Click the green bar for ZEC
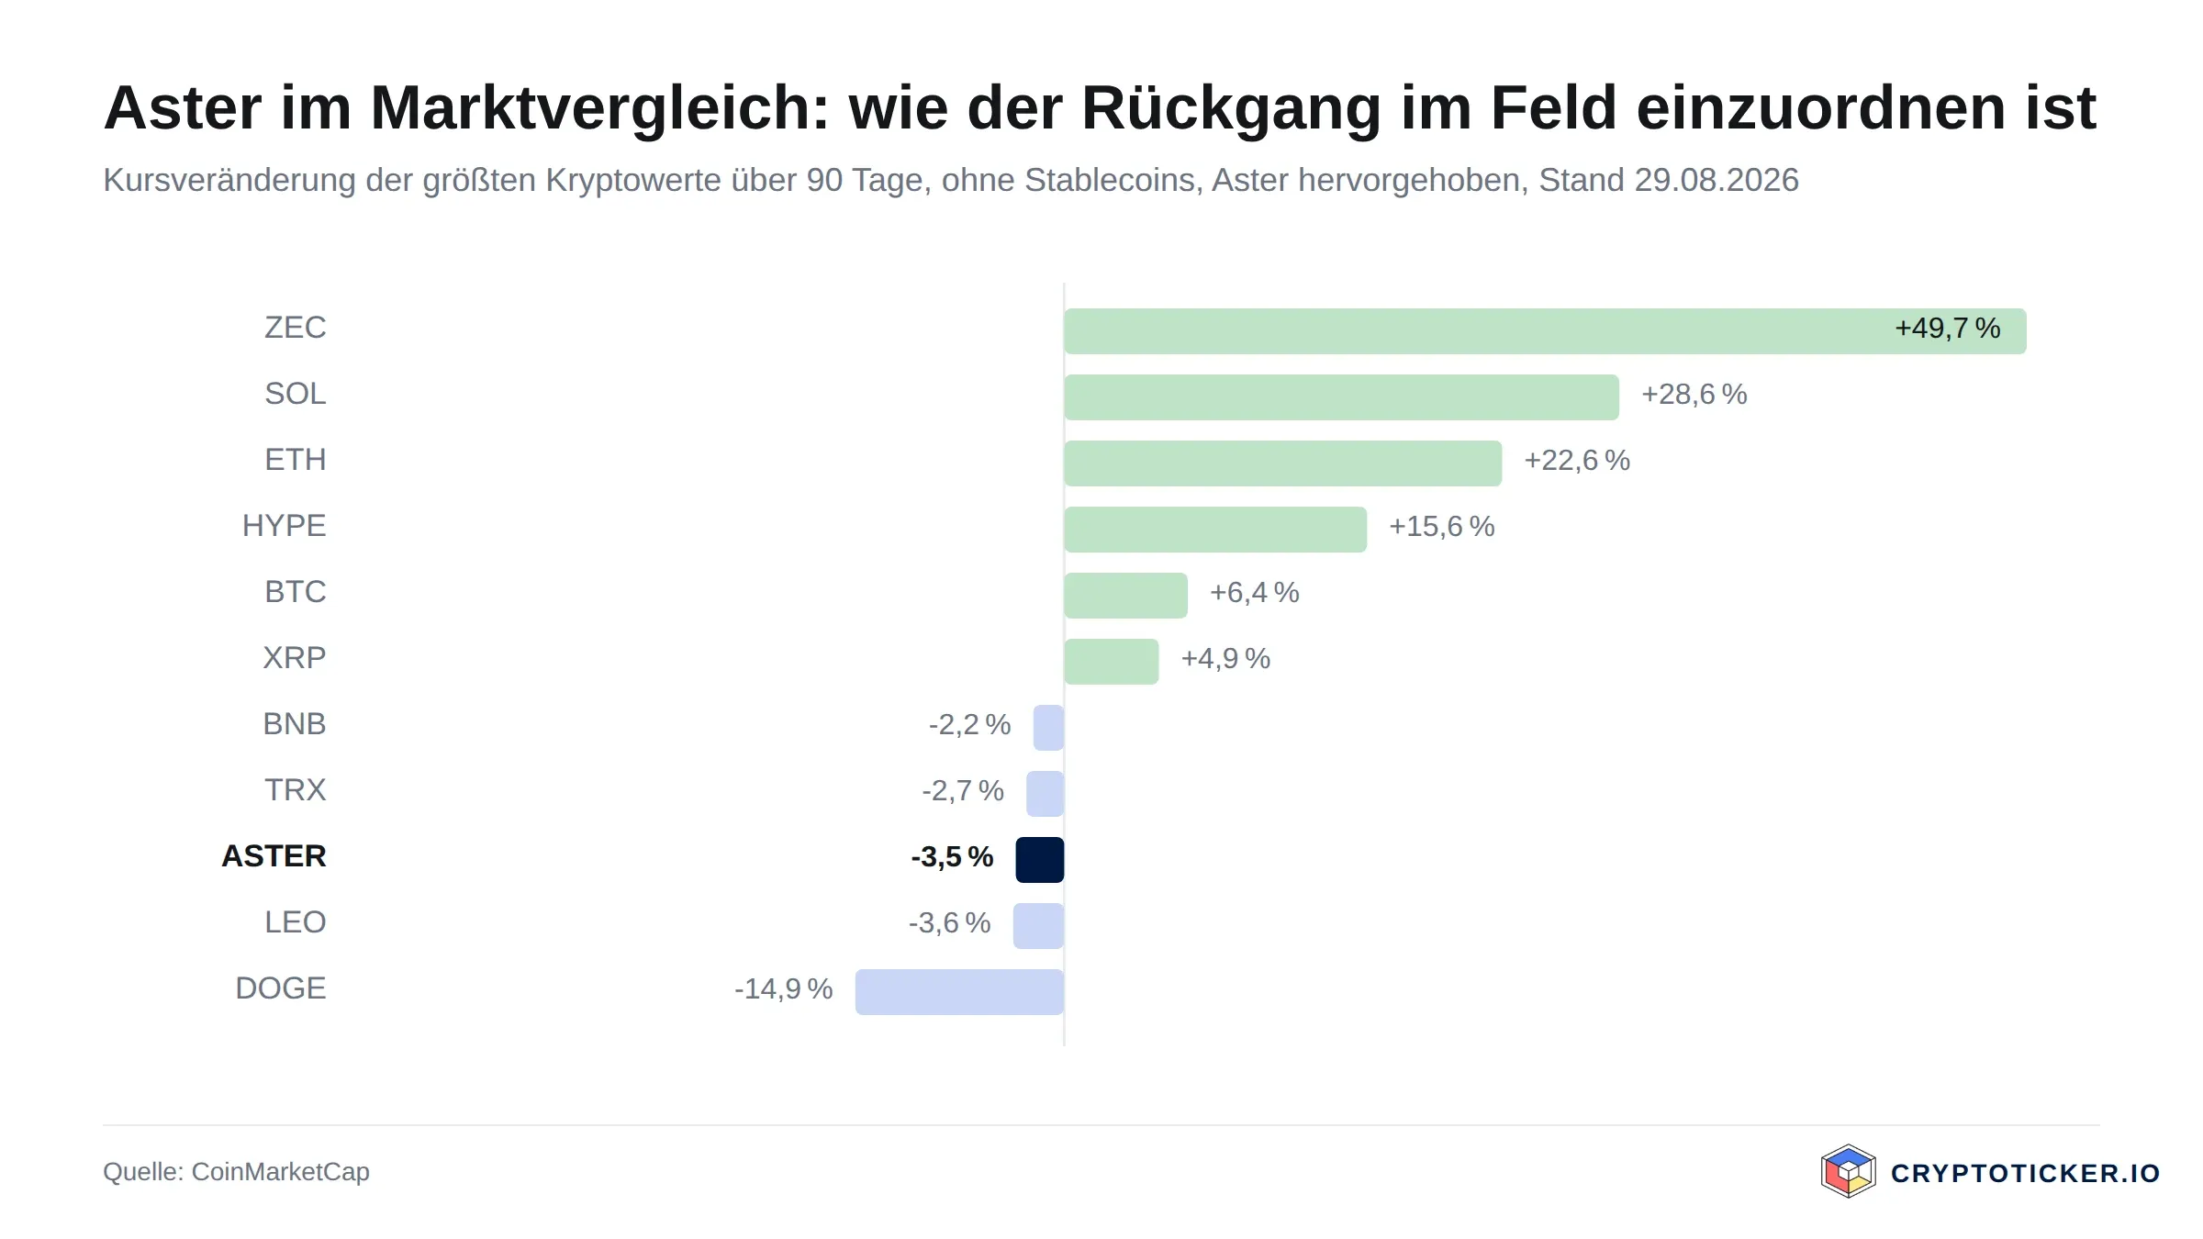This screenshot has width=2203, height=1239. click(1545, 331)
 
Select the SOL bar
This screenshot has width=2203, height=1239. click(1341, 397)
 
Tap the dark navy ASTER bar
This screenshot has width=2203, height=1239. click(1040, 860)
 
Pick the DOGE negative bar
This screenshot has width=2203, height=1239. click(959, 992)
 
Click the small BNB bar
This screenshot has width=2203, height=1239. click(1049, 728)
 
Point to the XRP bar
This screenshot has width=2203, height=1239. click(1112, 662)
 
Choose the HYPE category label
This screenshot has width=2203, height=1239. click(284, 526)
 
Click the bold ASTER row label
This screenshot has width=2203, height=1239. click(274, 856)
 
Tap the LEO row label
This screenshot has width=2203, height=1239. click(295, 922)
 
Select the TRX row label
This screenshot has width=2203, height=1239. click(295, 790)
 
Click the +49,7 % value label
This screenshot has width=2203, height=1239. click(1948, 329)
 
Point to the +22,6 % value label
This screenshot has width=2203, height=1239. click(1577, 461)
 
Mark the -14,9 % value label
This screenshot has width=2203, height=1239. click(783, 989)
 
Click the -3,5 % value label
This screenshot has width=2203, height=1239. click(952, 857)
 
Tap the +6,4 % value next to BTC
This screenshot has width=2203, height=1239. click(1254, 593)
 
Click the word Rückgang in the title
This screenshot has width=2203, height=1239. click(1231, 109)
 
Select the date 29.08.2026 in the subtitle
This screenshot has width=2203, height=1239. click(1717, 180)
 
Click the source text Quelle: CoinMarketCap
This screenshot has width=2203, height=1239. click(236, 1172)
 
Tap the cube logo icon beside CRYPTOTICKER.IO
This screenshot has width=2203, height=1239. click(1848, 1172)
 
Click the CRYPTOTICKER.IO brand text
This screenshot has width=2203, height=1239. click(2025, 1174)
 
